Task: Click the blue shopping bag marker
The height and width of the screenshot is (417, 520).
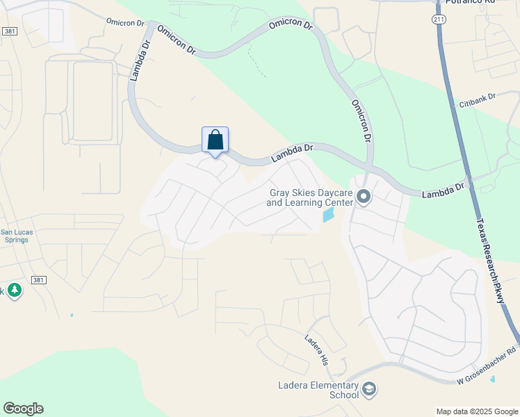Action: click(215, 140)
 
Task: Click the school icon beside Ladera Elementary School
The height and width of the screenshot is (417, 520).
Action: click(369, 389)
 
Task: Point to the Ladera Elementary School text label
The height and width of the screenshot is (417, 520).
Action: click(315, 390)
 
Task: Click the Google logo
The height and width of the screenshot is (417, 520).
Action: click(23, 409)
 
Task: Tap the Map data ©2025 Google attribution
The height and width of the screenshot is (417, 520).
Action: click(476, 411)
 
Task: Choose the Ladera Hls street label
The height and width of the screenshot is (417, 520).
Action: click(316, 350)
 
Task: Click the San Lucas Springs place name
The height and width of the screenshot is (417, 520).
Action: click(14, 236)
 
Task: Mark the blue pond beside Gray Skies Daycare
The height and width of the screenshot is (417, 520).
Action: click(328, 215)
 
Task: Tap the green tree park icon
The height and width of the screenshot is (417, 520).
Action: click(14, 291)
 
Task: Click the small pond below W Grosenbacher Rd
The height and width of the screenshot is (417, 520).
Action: click(493, 380)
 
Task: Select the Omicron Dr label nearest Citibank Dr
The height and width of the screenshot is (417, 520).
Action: click(361, 120)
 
